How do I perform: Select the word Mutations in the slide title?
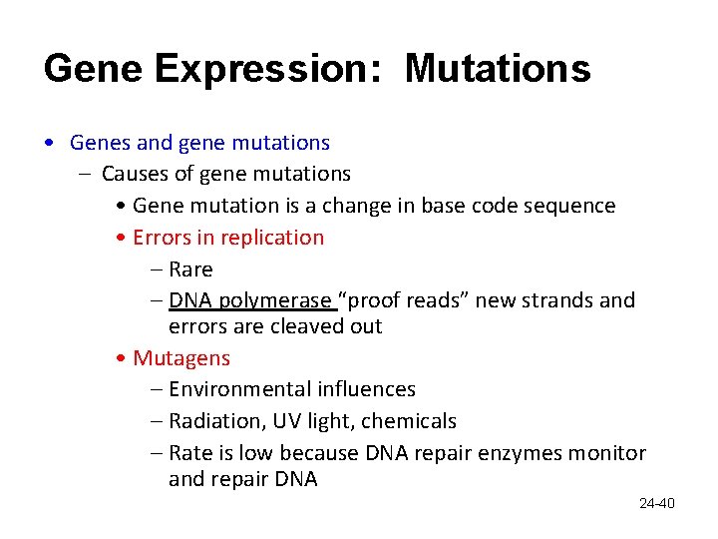498,69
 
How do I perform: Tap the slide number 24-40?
656,503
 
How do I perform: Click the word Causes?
134,174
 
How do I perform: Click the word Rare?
190,269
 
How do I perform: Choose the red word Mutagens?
180,357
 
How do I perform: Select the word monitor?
606,453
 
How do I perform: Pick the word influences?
366,389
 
